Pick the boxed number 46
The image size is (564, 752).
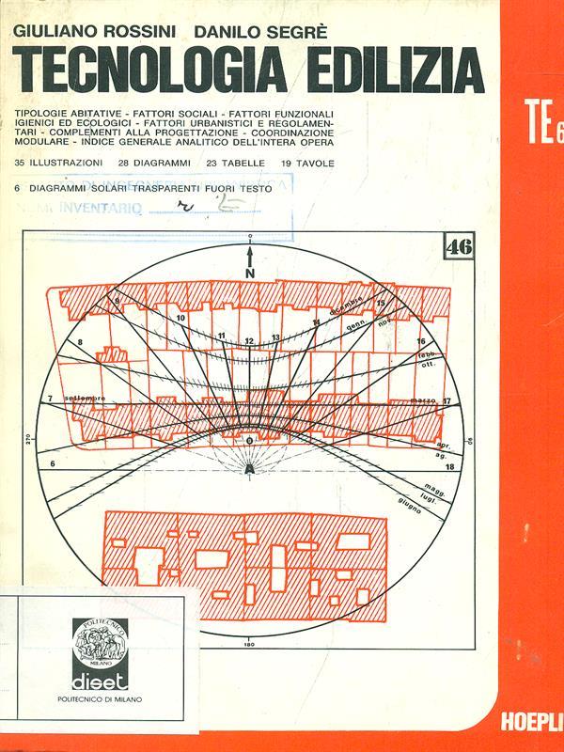point(460,247)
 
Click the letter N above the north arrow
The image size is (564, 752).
point(250,274)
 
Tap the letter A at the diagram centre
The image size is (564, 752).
point(249,466)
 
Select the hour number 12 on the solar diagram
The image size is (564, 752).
point(249,339)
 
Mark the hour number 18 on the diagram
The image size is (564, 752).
point(450,465)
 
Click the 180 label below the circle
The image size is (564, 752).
point(249,645)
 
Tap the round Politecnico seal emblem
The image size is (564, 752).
point(100,645)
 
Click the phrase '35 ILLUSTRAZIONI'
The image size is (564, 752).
point(59,163)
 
